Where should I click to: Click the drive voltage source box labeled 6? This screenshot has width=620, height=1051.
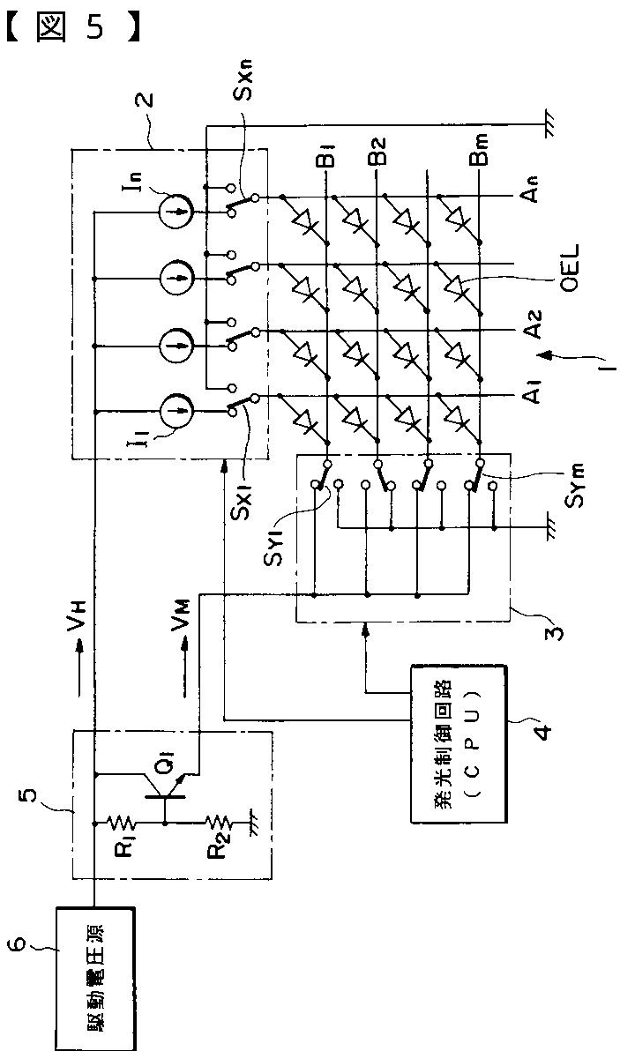96,980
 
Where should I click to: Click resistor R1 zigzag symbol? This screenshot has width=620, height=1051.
124,822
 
